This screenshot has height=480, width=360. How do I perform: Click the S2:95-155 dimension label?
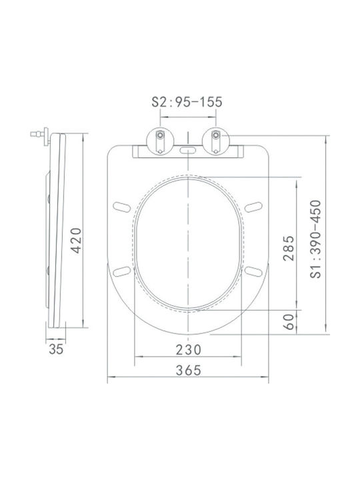[x=187, y=102]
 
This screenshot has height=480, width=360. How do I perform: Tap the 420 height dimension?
[x=76, y=241]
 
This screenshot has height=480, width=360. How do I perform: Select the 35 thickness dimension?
[x=56, y=349]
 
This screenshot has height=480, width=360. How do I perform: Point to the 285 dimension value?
[x=289, y=248]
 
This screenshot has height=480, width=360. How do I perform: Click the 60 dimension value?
[x=289, y=322]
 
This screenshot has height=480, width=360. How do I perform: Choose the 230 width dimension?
[x=188, y=350]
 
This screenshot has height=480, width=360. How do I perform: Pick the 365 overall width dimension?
[x=188, y=371]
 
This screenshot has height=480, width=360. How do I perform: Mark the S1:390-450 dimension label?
[x=315, y=239]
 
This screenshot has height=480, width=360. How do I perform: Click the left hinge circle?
[x=160, y=141]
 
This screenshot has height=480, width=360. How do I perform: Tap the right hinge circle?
[x=216, y=141]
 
